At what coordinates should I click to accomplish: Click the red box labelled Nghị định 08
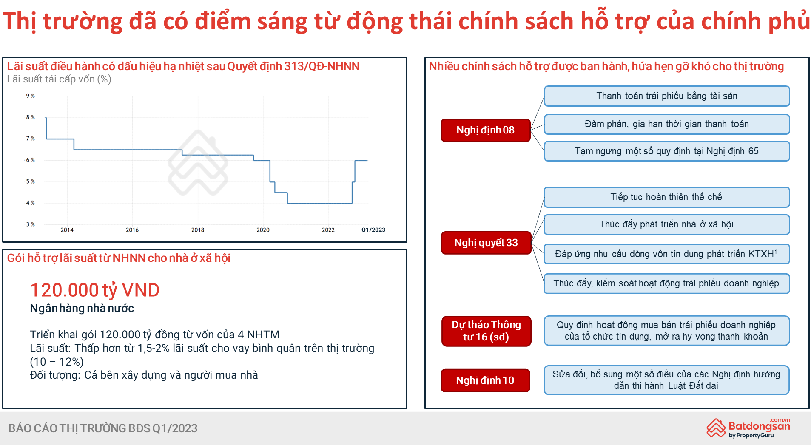point(486,130)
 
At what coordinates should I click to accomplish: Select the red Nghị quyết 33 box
point(486,243)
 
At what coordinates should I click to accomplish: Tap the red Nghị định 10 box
point(485,380)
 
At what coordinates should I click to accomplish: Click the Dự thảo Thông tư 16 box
point(486,331)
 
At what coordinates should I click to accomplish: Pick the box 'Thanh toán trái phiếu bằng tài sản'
point(667,96)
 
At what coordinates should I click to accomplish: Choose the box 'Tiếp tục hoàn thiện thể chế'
point(667,197)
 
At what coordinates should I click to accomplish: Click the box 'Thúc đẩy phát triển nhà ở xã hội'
point(667,224)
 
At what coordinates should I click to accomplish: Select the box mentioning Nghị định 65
point(667,151)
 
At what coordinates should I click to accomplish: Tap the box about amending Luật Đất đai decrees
point(666,380)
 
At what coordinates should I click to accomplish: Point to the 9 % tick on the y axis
point(30,96)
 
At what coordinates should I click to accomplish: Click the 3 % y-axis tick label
point(30,224)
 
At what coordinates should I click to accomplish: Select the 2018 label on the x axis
point(198,230)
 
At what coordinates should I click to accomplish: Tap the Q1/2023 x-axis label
point(373,230)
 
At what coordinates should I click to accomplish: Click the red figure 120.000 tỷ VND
point(95,290)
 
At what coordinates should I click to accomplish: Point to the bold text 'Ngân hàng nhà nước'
point(82,309)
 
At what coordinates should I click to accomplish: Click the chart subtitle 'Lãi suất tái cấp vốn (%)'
point(59,79)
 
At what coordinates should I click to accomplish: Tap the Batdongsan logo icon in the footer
point(716,428)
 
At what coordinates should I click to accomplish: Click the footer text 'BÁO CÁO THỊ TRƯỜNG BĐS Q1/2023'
point(103,428)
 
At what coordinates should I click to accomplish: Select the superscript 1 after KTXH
point(776,252)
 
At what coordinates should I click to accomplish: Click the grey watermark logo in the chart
point(198,163)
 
